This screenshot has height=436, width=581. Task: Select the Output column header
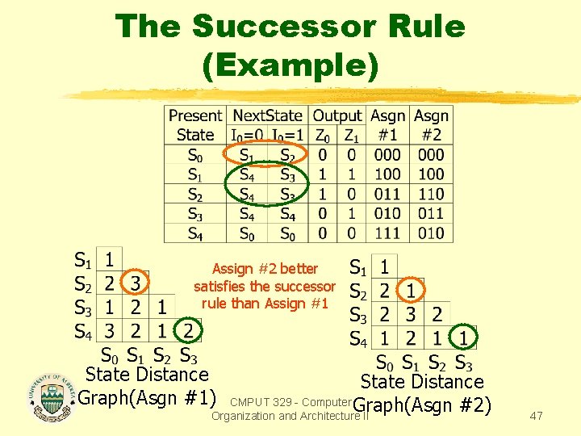337,116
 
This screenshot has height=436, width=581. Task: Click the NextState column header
267,116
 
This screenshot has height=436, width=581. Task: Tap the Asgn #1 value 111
387,233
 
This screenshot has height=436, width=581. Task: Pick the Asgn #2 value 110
431,194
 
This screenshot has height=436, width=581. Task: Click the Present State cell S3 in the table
195,213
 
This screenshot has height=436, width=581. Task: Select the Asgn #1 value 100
387,174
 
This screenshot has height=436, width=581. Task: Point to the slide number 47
536,415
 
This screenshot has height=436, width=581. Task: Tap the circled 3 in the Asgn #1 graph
136,283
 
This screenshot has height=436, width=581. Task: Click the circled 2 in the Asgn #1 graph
188,330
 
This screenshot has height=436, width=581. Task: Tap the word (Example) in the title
290,65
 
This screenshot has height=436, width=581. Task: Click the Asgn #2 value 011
431,213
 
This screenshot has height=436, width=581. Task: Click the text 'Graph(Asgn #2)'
422,405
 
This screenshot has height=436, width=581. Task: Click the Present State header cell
195,125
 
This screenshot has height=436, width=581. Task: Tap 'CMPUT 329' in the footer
259,401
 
